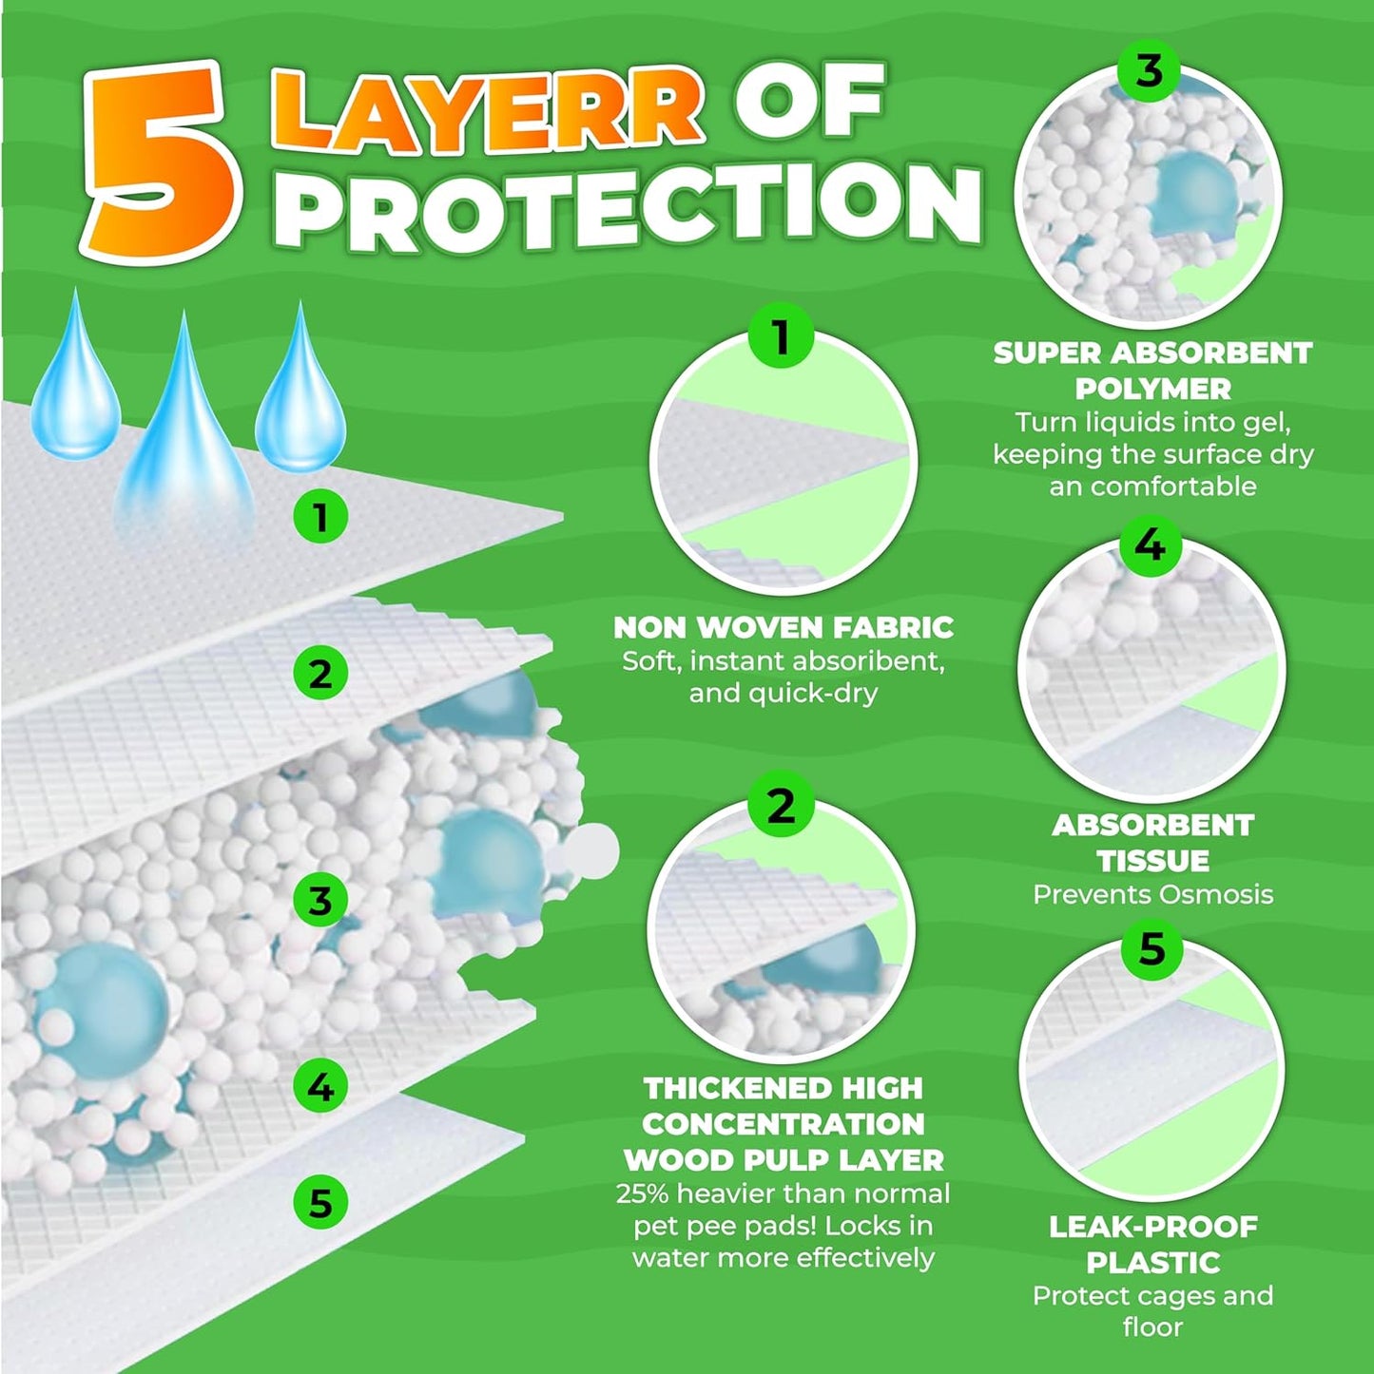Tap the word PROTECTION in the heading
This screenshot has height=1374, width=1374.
point(635,207)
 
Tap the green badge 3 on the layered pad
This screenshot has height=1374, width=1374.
point(320,900)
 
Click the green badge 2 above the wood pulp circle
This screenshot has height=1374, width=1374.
point(781,807)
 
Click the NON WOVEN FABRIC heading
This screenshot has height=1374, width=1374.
point(783,628)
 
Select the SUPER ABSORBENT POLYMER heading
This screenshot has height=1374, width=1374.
point(1152,371)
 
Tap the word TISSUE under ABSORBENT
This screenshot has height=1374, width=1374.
point(1152,861)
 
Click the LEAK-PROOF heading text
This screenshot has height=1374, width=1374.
point(1152,1227)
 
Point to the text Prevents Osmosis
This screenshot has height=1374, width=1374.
point(1152,894)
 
